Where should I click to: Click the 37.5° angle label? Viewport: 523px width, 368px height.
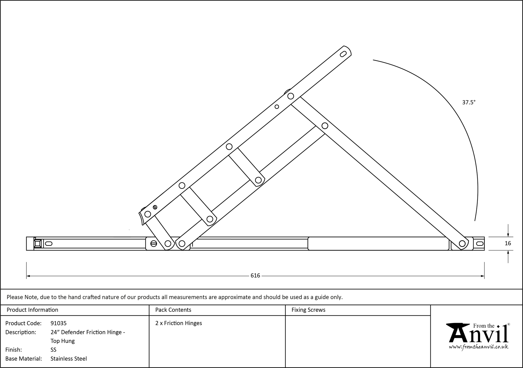click(469, 102)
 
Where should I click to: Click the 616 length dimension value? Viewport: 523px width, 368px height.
click(255, 276)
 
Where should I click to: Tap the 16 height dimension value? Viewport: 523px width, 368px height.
click(508, 243)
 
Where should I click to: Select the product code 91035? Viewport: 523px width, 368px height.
click(59, 323)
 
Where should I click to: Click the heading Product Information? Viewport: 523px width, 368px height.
click(32, 310)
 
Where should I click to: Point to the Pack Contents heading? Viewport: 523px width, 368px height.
click(173, 310)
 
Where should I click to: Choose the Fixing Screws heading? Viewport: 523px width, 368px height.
click(308, 310)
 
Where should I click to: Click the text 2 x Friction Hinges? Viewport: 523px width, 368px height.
click(179, 323)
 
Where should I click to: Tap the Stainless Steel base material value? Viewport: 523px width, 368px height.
click(69, 359)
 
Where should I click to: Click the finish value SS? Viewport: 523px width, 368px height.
click(53, 350)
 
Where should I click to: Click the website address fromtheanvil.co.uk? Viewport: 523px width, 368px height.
click(479, 347)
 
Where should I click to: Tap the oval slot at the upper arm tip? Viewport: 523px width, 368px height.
click(343, 54)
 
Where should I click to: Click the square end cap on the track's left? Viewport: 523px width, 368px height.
click(38, 244)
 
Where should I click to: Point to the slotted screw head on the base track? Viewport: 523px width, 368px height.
click(154, 244)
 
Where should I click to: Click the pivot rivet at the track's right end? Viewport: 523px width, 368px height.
click(462, 244)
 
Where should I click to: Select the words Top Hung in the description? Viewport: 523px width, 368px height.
click(63, 341)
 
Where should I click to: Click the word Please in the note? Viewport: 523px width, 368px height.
click(15, 297)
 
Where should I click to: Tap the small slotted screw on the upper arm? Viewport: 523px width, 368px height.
click(155, 207)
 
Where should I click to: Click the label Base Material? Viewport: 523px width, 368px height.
click(24, 359)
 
